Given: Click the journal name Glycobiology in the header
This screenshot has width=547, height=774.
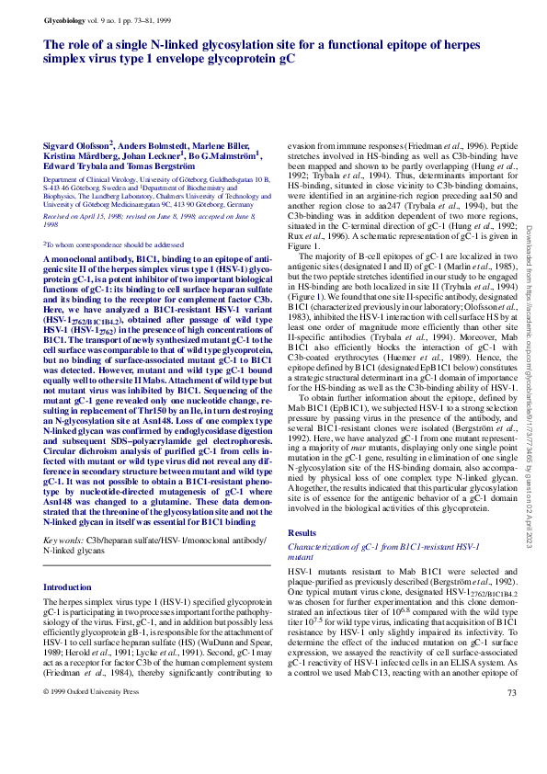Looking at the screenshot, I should [x=64, y=20].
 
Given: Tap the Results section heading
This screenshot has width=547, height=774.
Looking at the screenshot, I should [x=302, y=532].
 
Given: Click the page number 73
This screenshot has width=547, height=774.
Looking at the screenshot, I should [x=511, y=745].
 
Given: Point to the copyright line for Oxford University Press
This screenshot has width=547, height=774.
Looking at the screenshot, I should [x=94, y=744].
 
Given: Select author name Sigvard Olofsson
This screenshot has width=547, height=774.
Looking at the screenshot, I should [x=77, y=145].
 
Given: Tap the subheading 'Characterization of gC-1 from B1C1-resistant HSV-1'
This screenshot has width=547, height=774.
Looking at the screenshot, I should [x=384, y=548].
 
